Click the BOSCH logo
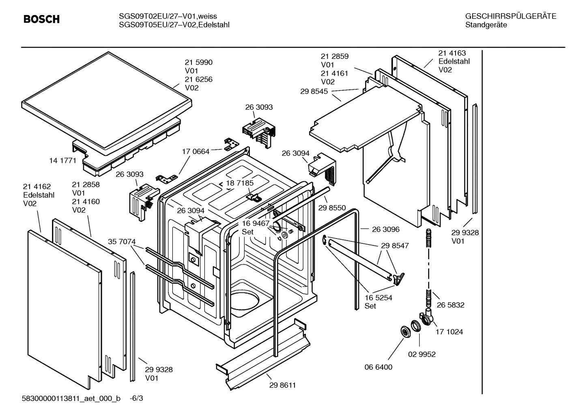41,19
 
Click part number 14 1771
62,160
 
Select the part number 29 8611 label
282,385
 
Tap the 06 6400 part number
378,367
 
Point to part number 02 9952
422,354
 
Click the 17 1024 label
449,332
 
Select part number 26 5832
450,305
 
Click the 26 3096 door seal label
385,229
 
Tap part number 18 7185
240,183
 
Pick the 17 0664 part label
196,152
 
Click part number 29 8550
332,208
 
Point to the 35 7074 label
122,241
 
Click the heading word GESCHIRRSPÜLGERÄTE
510,16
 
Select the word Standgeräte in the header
486,25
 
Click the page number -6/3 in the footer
136,398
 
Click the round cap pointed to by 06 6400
404,332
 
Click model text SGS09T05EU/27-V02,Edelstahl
174,25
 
